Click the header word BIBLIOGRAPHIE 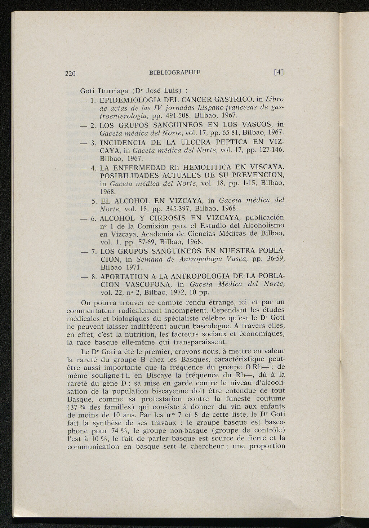[174, 72]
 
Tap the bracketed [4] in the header [279, 72]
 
